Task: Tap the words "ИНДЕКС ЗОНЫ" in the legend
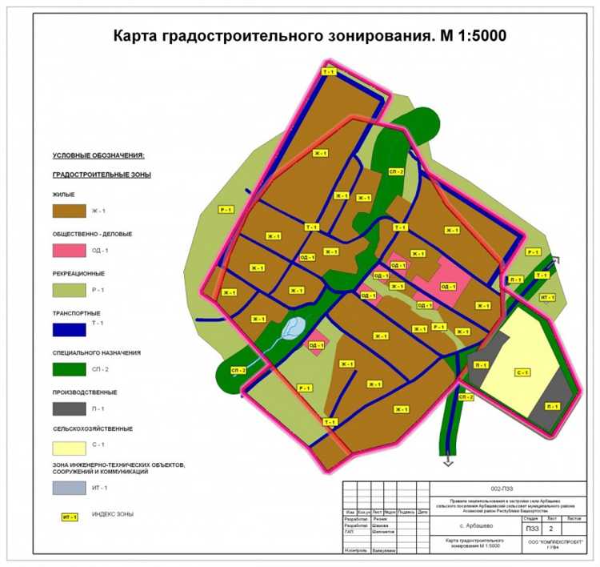click(x=113, y=514)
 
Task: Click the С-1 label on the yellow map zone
click(x=522, y=372)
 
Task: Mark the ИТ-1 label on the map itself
click(x=547, y=297)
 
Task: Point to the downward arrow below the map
click(x=449, y=462)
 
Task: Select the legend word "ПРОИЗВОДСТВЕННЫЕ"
click(x=85, y=392)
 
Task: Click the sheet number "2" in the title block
click(x=550, y=528)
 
